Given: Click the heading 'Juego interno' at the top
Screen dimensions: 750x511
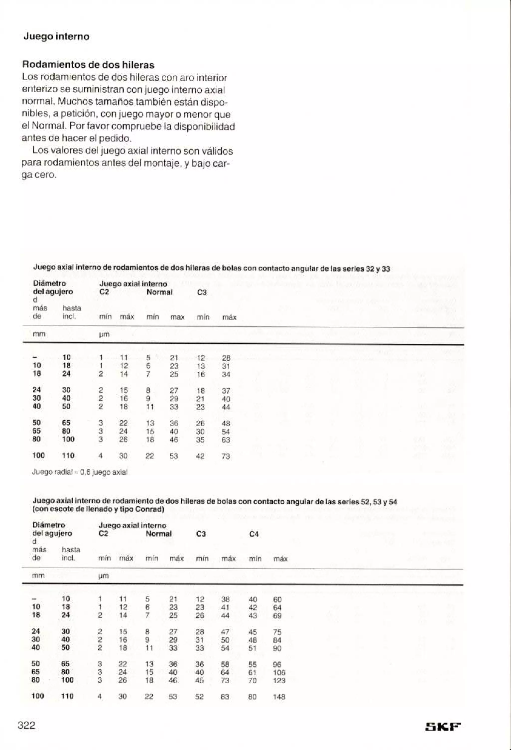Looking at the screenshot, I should click(x=56, y=36).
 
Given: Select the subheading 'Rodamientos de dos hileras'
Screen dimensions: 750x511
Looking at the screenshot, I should click(x=88, y=65).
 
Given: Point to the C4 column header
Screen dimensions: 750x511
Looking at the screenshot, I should click(x=254, y=534).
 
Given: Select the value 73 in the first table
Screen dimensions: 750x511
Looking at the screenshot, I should click(x=226, y=456).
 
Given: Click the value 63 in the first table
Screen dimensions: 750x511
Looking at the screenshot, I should click(x=226, y=440).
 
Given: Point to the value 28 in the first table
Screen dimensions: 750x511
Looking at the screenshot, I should click(x=226, y=358).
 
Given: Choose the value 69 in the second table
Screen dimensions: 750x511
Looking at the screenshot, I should click(x=277, y=615).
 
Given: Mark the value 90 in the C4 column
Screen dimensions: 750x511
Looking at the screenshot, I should click(x=277, y=648).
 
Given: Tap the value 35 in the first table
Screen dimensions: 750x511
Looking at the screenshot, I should click(x=200, y=440).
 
